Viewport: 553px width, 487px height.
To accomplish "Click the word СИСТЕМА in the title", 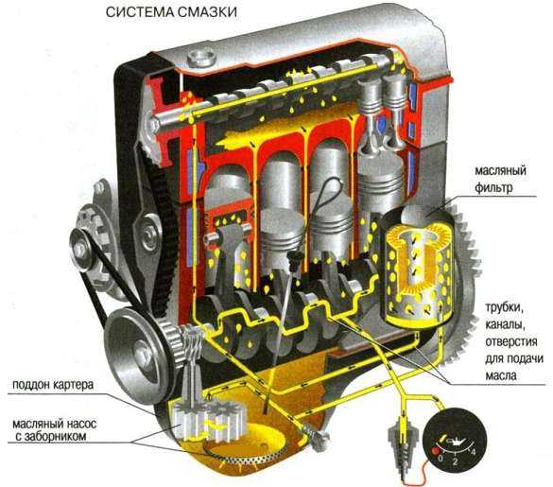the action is (139, 12).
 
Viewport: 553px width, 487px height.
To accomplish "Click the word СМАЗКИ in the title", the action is (207, 12).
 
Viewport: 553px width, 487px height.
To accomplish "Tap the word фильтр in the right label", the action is (493, 187).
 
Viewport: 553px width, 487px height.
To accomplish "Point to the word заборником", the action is (55, 436).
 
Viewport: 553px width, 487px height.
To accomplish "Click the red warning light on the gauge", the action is (435, 451).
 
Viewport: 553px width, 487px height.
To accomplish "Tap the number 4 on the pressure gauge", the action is (474, 452).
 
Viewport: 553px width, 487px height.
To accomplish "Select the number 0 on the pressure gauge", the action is (441, 459).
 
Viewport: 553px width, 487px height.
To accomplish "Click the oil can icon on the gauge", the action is (456, 441).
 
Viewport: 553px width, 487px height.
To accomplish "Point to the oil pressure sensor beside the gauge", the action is (402, 440).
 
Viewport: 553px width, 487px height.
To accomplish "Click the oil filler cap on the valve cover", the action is (201, 59).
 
